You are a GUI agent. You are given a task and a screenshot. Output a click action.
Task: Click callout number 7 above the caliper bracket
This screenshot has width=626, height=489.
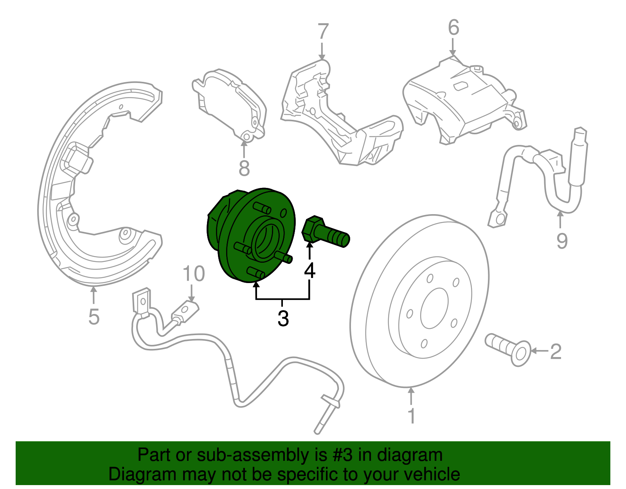point(323,32)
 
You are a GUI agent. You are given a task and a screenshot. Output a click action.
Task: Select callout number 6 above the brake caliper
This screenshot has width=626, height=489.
point(453,28)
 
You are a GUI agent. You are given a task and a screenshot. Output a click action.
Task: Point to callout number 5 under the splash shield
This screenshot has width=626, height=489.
point(94,316)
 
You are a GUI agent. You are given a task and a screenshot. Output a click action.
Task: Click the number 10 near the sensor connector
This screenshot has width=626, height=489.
point(194,274)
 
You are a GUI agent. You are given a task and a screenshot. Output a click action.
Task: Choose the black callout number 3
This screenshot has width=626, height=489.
point(283,318)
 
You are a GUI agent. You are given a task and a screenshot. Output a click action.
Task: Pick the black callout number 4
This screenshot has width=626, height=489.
point(309,270)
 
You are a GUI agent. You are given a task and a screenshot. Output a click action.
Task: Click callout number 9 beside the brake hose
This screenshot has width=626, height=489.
point(562,240)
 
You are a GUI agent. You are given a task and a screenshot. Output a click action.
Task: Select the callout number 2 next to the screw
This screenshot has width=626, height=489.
point(556,351)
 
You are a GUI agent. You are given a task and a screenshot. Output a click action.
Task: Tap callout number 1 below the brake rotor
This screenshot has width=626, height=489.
point(411,416)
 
